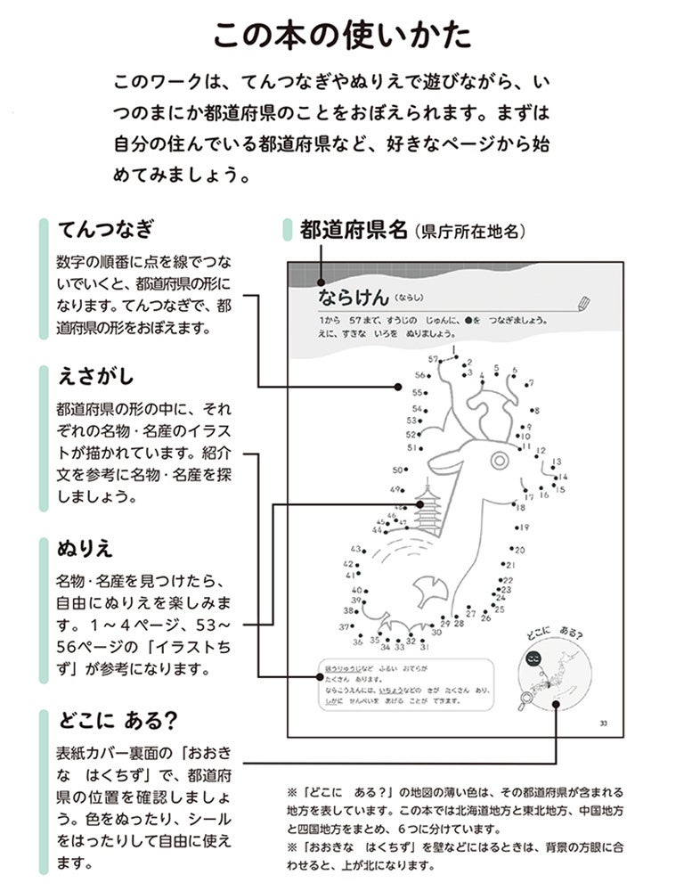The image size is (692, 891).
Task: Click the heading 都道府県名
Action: point(354,230)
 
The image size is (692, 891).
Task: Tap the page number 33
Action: point(603,722)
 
